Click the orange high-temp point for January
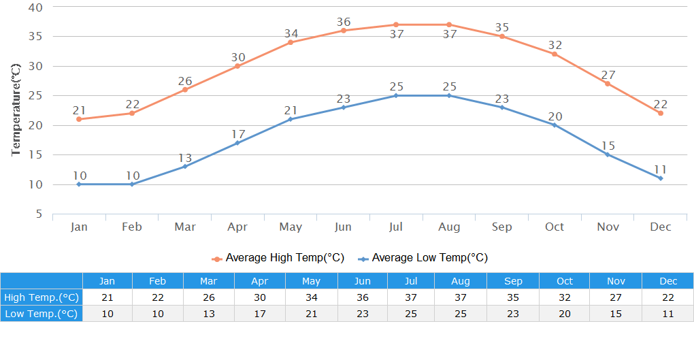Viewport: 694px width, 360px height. pyautogui.click(x=79, y=119)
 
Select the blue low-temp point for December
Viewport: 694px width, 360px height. pyautogui.click(x=660, y=178)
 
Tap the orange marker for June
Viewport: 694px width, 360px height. pyautogui.click(x=343, y=31)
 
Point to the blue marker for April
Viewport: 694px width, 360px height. pyautogui.click(x=237, y=143)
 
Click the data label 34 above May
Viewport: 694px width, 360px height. pyautogui.click(x=291, y=33)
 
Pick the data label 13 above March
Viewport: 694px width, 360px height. pyautogui.click(x=185, y=158)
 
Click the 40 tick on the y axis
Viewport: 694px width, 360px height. pyautogui.click(x=35, y=7)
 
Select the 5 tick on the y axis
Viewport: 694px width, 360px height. pyautogui.click(x=39, y=214)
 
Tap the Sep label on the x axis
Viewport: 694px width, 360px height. pyautogui.click(x=501, y=227)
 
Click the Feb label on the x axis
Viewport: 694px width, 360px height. pyautogui.click(x=132, y=227)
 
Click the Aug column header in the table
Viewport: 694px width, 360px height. pyautogui.click(x=461, y=281)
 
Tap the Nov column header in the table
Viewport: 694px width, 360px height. pyautogui.click(x=616, y=281)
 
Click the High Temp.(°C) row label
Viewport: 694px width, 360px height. pyautogui.click(x=42, y=297)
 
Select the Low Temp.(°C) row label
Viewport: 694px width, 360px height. pyautogui.click(x=42, y=314)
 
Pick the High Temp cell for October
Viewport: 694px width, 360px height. pyautogui.click(x=564, y=297)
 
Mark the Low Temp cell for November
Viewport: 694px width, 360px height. pyautogui.click(x=616, y=314)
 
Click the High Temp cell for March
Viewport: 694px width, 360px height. pyautogui.click(x=209, y=297)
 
